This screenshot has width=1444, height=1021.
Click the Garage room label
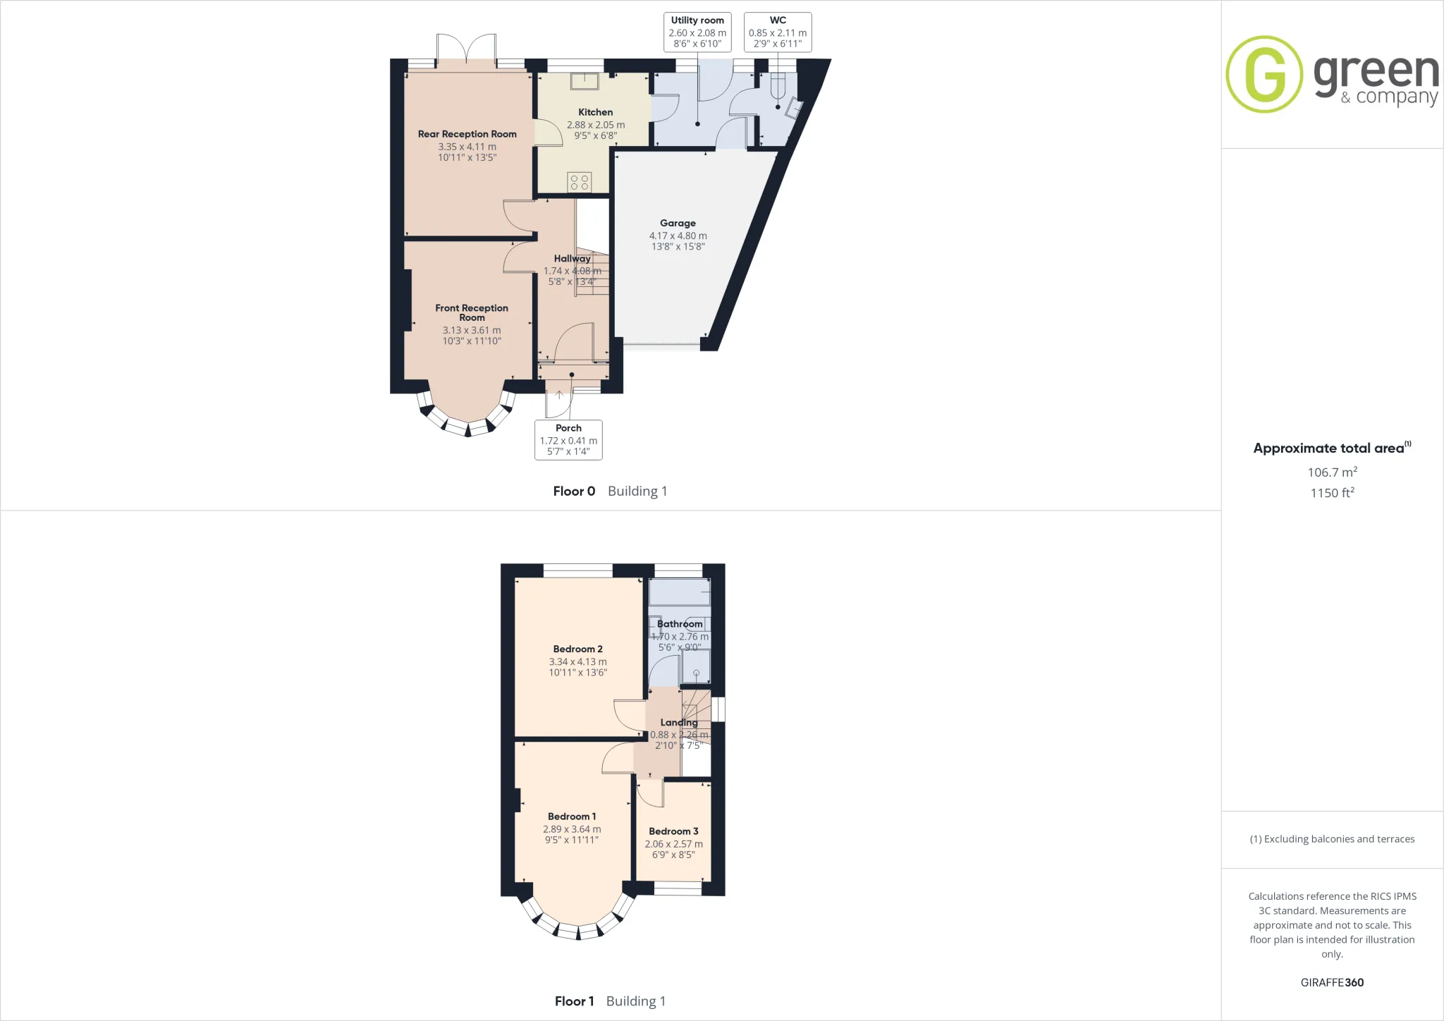tap(678, 223)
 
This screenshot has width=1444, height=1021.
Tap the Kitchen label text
tap(595, 112)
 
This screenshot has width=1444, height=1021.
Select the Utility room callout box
tap(697, 32)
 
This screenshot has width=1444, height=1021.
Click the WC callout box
tap(778, 32)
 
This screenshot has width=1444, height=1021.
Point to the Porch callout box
tap(568, 440)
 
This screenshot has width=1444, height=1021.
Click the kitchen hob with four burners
tap(580, 182)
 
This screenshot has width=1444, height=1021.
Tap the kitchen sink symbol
tap(585, 81)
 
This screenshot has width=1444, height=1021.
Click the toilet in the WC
tap(778, 86)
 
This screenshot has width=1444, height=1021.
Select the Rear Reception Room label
tap(467, 134)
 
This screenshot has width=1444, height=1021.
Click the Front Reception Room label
tap(472, 312)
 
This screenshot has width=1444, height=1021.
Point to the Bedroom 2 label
tap(577, 649)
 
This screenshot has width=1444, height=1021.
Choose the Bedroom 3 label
tap(673, 831)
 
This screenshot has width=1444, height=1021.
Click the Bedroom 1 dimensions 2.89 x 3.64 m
tap(572, 829)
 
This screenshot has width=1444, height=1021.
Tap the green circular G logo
tap(1264, 74)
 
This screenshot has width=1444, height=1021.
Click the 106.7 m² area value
tap(1332, 472)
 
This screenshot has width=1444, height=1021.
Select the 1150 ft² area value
tap(1332, 492)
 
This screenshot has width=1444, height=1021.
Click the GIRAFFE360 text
tap(1332, 982)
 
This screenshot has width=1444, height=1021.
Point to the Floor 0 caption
tap(574, 491)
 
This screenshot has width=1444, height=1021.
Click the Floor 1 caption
tap(574, 1001)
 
